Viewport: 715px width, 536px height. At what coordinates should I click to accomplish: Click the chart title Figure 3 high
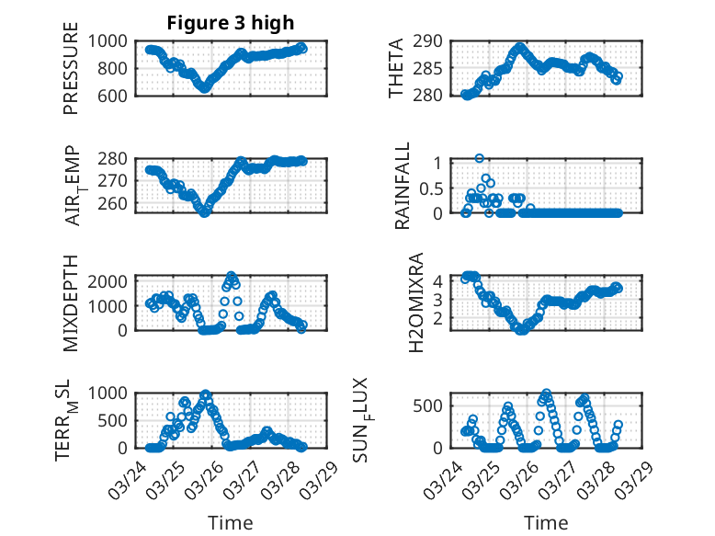(231, 23)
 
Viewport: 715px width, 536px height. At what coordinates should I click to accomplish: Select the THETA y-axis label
(396, 67)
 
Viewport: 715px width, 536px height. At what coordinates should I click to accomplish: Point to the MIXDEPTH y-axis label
(71, 302)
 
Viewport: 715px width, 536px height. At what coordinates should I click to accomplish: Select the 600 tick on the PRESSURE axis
(116, 95)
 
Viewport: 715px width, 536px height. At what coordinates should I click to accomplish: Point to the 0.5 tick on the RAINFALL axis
(436, 188)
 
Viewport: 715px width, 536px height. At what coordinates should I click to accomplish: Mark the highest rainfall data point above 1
(479, 158)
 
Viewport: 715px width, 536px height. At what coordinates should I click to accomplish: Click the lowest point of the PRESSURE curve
(205, 88)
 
